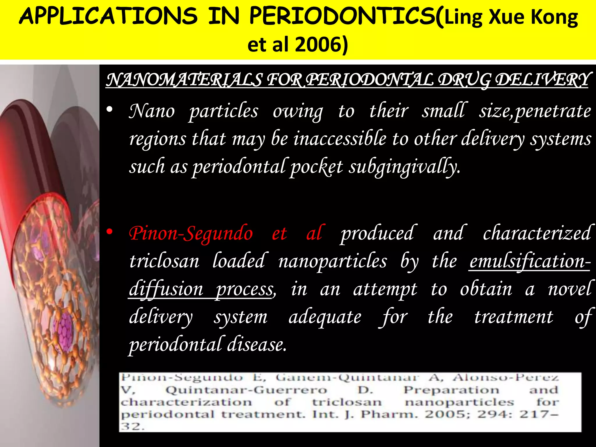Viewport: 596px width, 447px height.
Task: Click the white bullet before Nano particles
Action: click(x=109, y=110)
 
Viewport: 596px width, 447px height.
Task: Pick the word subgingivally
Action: click(x=405, y=167)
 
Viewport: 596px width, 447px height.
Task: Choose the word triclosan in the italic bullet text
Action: click(x=164, y=261)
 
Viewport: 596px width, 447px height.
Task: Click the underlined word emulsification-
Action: click(x=530, y=261)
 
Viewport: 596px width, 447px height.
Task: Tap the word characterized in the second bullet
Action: click(x=537, y=233)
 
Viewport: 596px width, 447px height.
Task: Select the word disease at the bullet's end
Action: click(x=256, y=345)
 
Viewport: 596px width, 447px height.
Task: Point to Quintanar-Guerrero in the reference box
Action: click(x=246, y=390)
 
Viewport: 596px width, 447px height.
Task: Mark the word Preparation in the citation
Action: click(x=451, y=390)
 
